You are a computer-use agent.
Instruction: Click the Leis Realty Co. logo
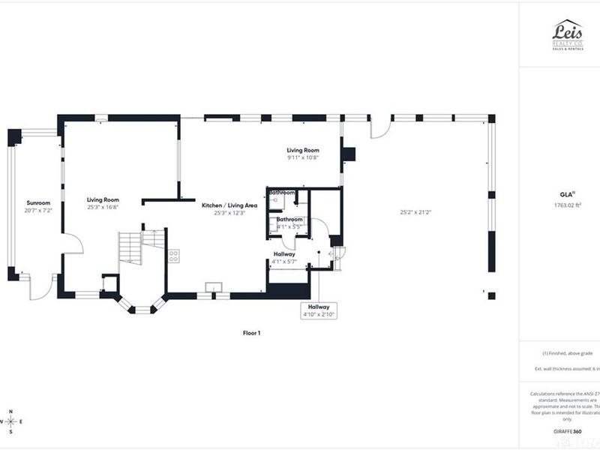tap(568, 35)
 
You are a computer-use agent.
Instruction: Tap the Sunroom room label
tap(37, 203)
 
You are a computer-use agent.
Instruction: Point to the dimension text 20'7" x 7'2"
tap(37, 211)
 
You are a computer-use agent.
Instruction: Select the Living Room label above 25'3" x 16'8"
tap(103, 200)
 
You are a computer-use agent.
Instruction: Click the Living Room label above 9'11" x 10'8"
tap(303, 150)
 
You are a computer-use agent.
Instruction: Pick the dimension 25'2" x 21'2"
tap(416, 212)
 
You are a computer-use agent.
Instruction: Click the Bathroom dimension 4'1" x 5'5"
tap(289, 226)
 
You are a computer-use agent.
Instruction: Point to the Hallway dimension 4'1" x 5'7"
tap(284, 262)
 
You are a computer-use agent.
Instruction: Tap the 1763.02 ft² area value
tap(568, 204)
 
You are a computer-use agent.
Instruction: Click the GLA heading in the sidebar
tap(568, 193)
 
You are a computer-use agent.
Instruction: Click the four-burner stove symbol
tap(173, 255)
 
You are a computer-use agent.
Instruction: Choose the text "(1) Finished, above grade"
tap(568, 353)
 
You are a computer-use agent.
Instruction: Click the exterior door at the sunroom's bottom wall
tap(43, 285)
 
